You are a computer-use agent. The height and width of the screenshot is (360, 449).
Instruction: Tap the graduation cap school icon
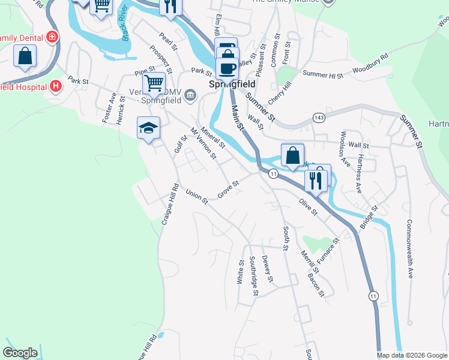tap(149, 128)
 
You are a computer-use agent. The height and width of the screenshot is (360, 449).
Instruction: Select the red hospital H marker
tap(56, 86)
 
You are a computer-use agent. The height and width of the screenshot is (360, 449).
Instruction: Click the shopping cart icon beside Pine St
tap(154, 83)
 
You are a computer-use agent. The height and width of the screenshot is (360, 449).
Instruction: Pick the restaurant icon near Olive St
tap(315, 179)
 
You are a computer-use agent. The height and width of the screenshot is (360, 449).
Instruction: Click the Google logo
tap(20, 353)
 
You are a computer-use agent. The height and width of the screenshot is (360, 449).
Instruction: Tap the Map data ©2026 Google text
tap(412, 355)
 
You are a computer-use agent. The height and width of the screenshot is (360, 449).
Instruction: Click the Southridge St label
tap(254, 276)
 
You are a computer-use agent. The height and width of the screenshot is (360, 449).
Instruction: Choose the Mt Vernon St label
tap(202, 143)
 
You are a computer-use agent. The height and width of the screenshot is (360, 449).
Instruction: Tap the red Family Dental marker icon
tap(53, 37)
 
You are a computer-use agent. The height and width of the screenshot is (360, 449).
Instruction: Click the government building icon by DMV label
tap(190, 94)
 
